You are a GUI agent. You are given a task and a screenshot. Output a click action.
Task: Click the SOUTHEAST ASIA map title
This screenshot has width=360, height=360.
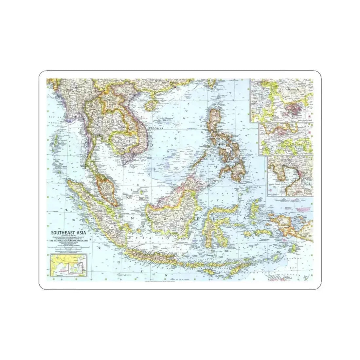click(69, 233)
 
